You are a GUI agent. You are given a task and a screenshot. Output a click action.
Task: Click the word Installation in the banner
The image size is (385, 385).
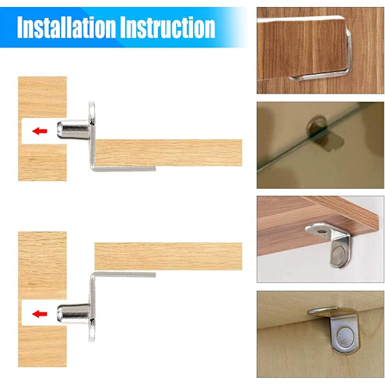[x=66, y=27]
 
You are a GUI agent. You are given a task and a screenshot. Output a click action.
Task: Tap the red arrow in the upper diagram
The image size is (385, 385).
[x=40, y=131]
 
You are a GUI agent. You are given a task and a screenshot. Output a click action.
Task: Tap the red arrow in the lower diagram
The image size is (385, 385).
[x=40, y=314]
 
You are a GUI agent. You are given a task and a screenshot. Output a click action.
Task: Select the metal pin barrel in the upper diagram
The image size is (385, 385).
[x=73, y=130]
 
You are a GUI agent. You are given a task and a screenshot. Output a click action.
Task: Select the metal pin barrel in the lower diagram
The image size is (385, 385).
[x=73, y=313]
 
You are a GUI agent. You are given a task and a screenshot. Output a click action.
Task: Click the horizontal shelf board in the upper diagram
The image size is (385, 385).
[x=168, y=153]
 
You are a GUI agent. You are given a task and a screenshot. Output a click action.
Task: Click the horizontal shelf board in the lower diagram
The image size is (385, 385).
[x=168, y=256]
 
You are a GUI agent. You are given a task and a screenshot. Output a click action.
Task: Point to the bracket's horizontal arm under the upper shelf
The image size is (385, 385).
[x=124, y=169]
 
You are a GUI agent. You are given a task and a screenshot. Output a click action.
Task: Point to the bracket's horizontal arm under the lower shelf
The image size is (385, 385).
[x=124, y=275]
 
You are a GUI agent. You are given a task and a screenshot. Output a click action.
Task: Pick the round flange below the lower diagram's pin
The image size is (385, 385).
[x=92, y=330]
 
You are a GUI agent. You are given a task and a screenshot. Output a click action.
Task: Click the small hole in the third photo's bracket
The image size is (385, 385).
[x=321, y=231]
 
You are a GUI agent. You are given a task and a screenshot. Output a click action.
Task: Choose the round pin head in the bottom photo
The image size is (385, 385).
[x=345, y=335]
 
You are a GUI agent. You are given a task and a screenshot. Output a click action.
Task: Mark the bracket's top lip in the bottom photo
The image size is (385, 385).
[x=323, y=311]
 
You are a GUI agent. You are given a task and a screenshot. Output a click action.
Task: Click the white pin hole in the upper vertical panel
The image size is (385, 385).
[x=40, y=131]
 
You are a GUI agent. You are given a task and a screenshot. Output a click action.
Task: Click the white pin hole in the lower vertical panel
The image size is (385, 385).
[x=40, y=313]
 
